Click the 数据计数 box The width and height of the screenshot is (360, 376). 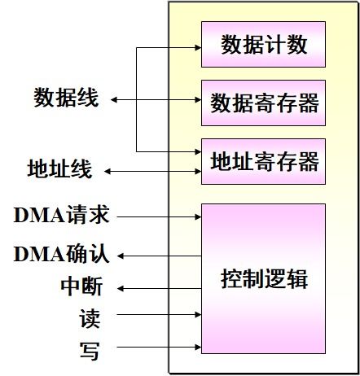click(263, 45)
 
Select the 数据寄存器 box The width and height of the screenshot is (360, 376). click(263, 103)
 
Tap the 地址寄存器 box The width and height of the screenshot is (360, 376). click(263, 161)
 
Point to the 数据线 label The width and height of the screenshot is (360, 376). click(66, 98)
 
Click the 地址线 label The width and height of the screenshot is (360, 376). click(59, 171)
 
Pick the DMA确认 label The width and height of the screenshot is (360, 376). click(62, 255)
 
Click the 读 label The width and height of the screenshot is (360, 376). click(90, 317)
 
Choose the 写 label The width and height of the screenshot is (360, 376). click(90, 350)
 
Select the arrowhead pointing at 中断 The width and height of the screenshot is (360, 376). click(119, 288)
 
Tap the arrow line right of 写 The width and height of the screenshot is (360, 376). click(155, 350)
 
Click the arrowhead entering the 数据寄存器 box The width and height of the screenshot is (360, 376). click(197, 100)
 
